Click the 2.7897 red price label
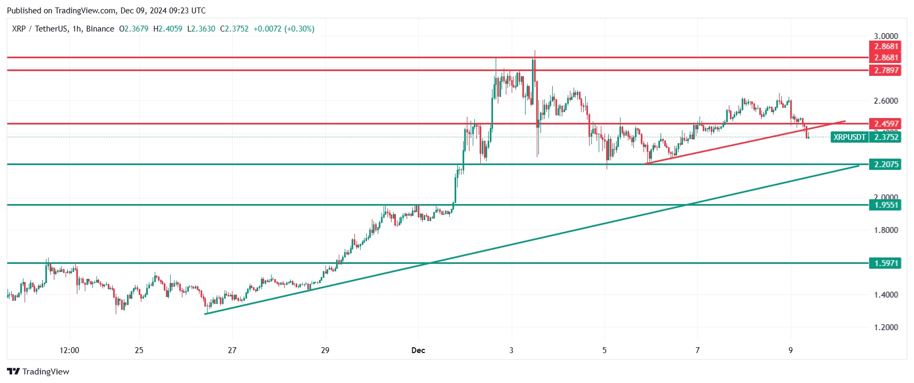(885, 70)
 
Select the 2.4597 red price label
(885, 123)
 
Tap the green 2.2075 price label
(885, 165)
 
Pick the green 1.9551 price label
(885, 205)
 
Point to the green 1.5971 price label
(885, 263)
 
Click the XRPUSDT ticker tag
(849, 137)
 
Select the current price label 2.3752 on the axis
(885, 137)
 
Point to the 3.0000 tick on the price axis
(885, 36)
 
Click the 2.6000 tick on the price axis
(885, 100)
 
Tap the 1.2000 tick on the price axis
(885, 327)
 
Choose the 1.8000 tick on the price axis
(885, 230)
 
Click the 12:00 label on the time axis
(69, 350)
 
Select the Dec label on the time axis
(418, 350)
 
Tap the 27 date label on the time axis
(232, 350)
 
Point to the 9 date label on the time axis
(791, 350)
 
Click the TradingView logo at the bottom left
(38, 372)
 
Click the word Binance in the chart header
(100, 29)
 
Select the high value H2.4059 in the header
(168, 29)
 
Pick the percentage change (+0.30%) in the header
(299, 29)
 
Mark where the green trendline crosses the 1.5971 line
(431, 263)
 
